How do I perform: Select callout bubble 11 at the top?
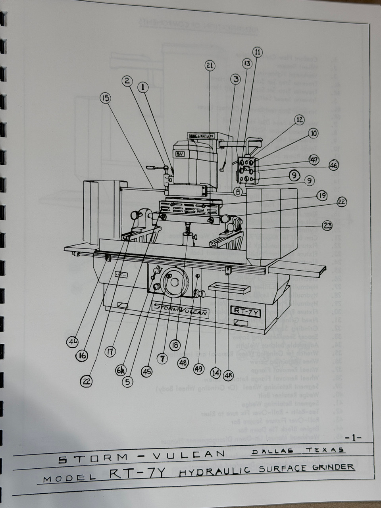pyautogui.click(x=258, y=52)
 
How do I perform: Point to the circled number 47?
pyautogui.click(x=314, y=160)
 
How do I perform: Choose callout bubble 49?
pyautogui.click(x=199, y=368)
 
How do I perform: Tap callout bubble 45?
pyautogui.click(x=146, y=371)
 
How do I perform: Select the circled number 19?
pyautogui.click(x=321, y=195)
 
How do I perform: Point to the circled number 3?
pyautogui.click(x=237, y=79)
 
